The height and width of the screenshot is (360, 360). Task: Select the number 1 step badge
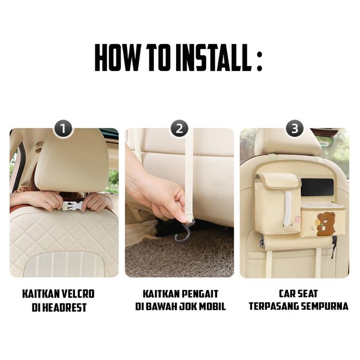click(63, 128)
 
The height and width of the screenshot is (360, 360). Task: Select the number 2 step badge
click(180, 128)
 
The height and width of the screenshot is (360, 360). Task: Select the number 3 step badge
click(295, 128)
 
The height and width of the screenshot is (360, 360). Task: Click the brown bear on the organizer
click(326, 224)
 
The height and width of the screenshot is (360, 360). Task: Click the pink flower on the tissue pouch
click(298, 219)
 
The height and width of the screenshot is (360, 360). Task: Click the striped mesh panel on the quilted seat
click(64, 264)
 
